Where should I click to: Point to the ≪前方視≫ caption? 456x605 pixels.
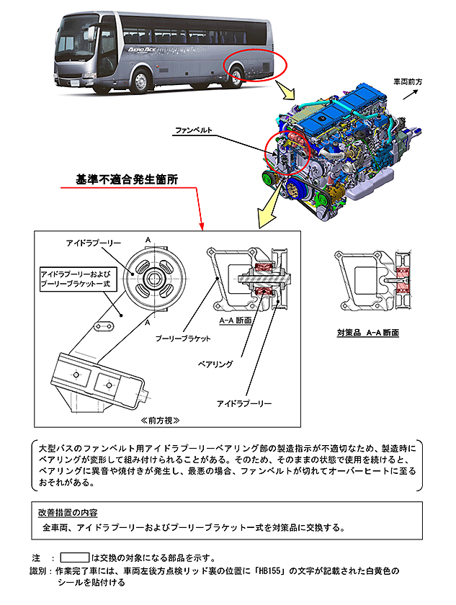coord(159,419)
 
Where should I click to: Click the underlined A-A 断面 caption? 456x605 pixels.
coord(234,321)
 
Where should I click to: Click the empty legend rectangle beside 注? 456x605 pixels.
coord(74,557)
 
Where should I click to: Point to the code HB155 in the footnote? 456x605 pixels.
coord(292,570)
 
